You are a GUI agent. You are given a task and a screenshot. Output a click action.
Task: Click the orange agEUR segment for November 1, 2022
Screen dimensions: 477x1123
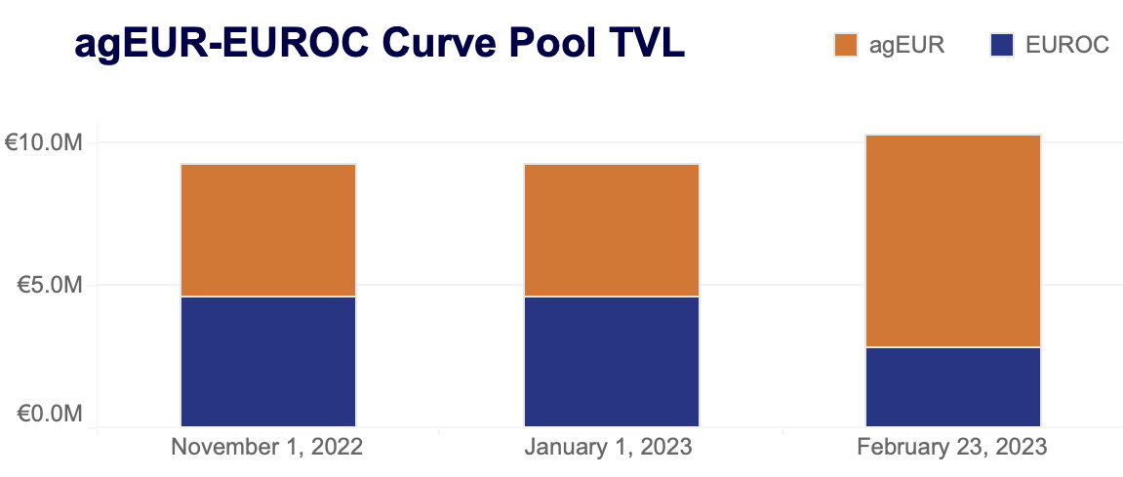coord(268,230)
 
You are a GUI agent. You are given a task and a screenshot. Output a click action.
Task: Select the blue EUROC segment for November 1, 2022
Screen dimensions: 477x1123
coord(268,361)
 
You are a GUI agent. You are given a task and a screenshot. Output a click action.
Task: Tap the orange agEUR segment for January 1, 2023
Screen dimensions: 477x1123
coord(612,230)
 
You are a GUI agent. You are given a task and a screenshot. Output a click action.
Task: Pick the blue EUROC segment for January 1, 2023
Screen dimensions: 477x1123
coord(612,361)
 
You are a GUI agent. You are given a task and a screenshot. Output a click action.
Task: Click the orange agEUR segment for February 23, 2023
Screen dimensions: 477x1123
coord(953,241)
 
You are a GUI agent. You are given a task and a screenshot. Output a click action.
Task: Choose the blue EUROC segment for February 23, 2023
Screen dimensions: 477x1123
coord(953,386)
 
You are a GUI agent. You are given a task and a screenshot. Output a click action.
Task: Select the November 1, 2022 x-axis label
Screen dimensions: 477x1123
coord(267,448)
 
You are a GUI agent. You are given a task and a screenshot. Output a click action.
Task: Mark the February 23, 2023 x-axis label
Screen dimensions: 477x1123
coord(952,448)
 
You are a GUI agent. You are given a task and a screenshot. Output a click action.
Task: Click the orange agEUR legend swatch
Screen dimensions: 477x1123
coord(845,45)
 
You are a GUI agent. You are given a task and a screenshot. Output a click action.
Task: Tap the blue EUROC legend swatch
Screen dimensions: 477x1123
coord(1002,45)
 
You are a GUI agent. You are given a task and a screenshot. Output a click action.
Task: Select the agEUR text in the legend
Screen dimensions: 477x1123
coord(906,45)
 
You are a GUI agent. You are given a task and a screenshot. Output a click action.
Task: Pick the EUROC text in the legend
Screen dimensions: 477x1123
coord(1067,45)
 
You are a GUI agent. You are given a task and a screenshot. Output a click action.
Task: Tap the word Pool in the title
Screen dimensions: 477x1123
coord(556,44)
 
